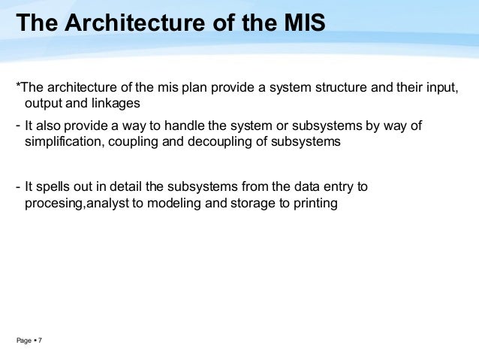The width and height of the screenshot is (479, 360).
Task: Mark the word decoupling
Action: (229, 141)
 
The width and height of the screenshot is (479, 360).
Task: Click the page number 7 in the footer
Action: (40, 341)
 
